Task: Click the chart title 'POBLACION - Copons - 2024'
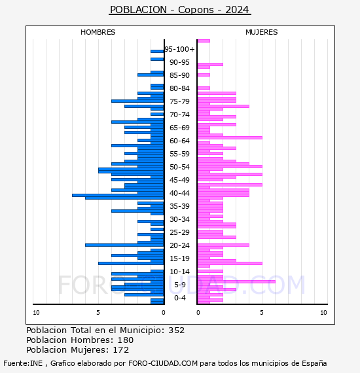tap(179, 10)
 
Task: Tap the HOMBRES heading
tap(98, 32)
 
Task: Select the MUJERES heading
tap(262, 32)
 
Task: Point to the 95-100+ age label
tap(179, 49)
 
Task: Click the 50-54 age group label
tap(179, 167)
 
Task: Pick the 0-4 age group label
tap(179, 298)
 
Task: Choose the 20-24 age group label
tap(179, 245)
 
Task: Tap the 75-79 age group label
tap(179, 101)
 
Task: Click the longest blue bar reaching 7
tap(118, 195)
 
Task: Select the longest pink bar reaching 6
tap(236, 281)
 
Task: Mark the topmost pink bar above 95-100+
tap(204, 41)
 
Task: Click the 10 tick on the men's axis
tap(36, 313)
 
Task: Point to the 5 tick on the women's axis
tap(262, 313)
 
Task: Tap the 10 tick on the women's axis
tap(323, 313)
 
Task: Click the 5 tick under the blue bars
tap(98, 313)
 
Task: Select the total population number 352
tap(176, 330)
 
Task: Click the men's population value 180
tap(126, 340)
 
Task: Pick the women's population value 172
tap(121, 349)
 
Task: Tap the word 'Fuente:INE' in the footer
tap(23, 363)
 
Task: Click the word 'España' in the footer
tap(314, 363)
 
